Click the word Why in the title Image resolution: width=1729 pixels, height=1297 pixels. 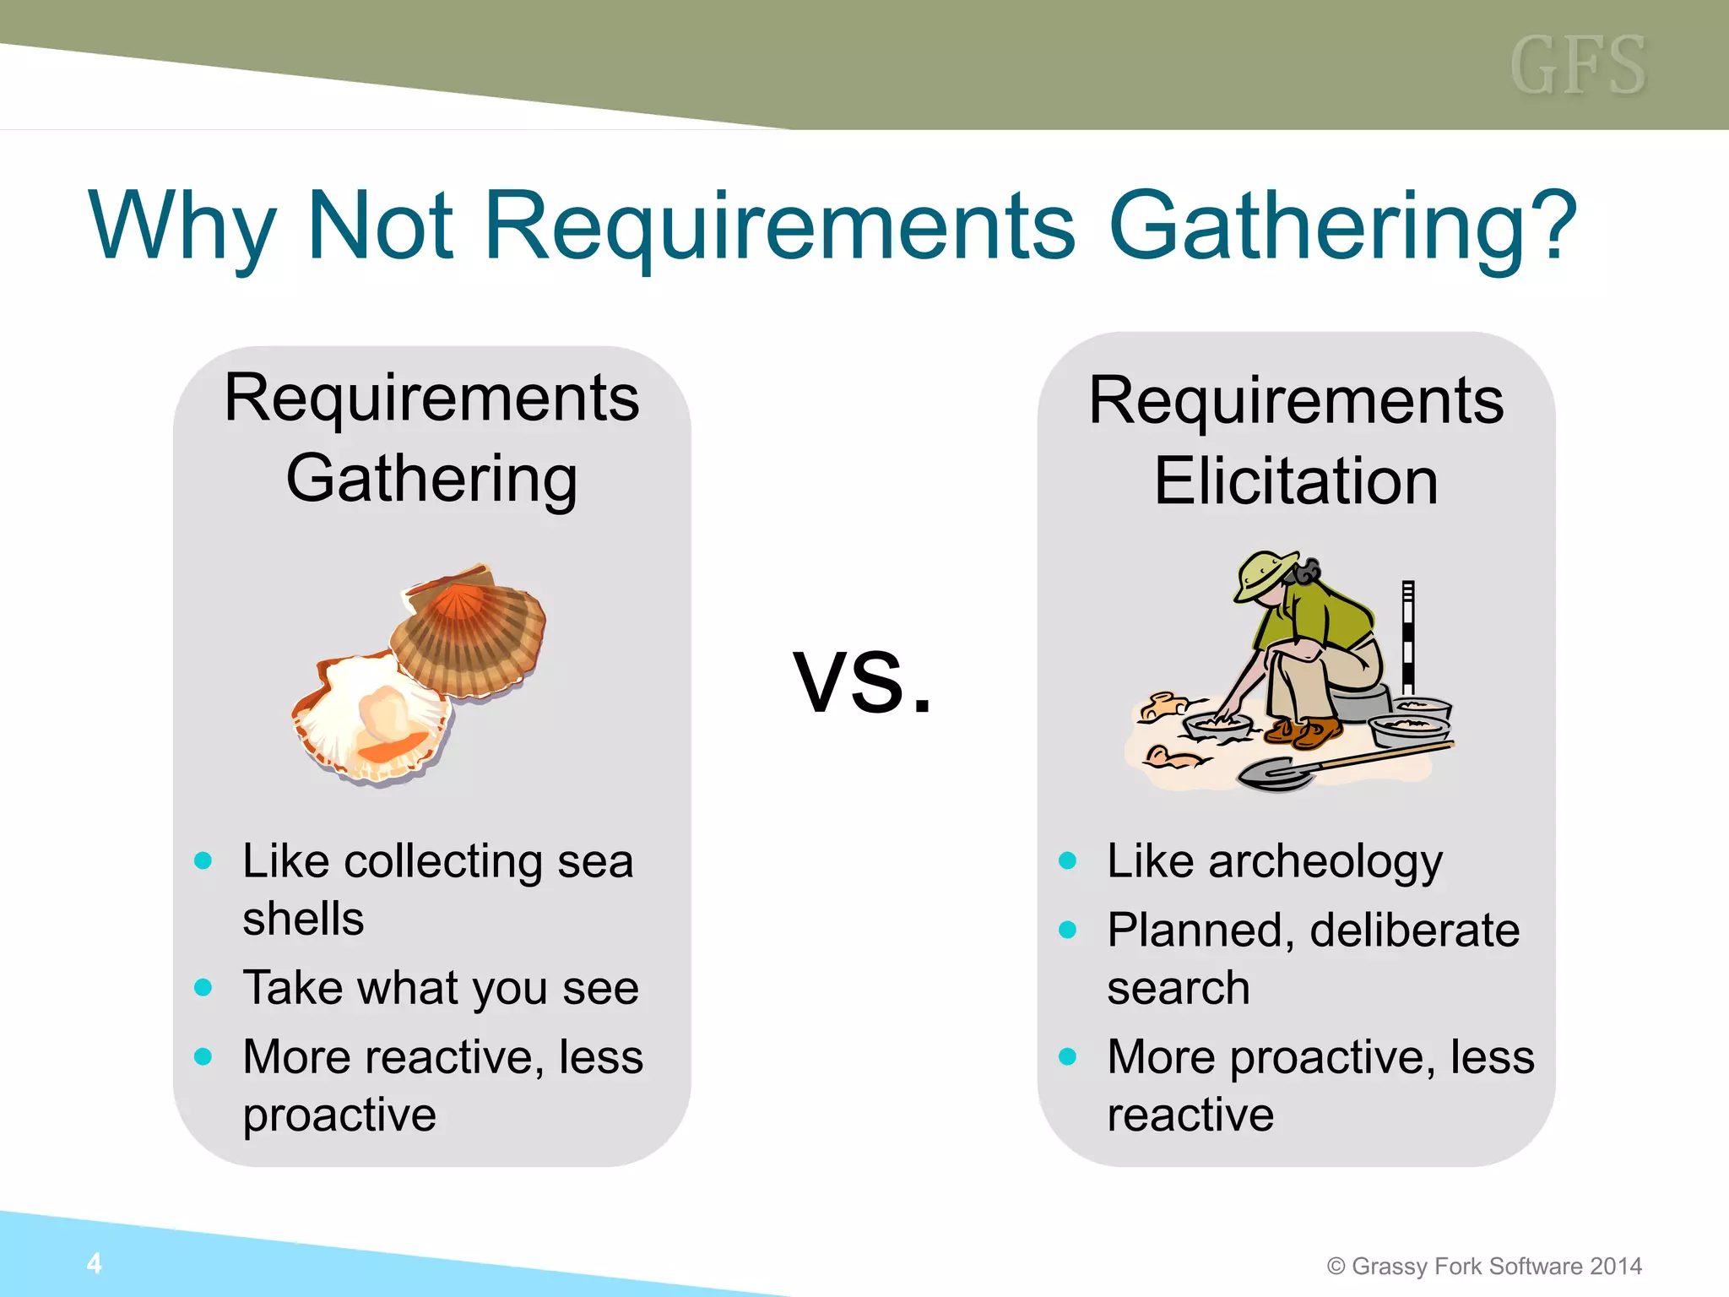point(182,226)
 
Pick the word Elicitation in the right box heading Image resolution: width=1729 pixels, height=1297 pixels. point(1296,481)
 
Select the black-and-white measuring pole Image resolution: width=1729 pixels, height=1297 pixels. point(1407,638)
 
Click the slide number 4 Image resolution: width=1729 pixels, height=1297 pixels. point(94,1263)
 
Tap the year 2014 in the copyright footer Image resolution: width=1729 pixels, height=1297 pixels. point(1615,1266)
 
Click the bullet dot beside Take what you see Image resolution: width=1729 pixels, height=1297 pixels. point(203,987)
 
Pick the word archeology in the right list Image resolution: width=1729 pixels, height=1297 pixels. point(1325,862)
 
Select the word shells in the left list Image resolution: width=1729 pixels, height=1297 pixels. point(303,919)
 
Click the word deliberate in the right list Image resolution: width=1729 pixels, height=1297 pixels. point(1414,931)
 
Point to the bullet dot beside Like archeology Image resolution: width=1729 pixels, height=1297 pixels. point(1067,860)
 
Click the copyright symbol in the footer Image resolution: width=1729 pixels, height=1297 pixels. point(1336,1266)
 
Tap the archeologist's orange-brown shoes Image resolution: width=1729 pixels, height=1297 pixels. point(1304,731)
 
